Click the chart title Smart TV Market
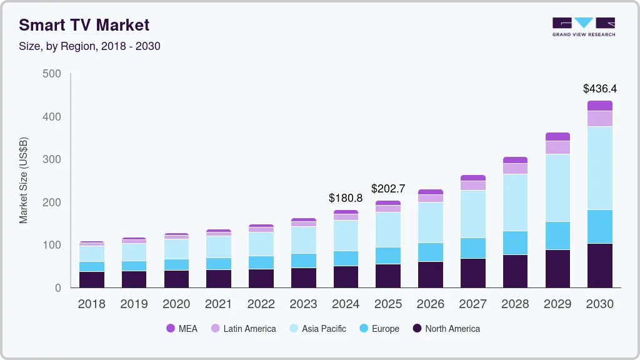pos(84,25)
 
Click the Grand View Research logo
pos(583,27)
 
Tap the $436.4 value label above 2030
pos(599,89)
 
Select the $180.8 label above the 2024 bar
pos(346,198)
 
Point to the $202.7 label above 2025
pos(388,188)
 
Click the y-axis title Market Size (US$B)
pos(24,180)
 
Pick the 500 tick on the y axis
pos(52,74)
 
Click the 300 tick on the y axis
pos(52,159)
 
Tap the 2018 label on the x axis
pos(91,304)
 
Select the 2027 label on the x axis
pos(472,304)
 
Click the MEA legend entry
pos(181,329)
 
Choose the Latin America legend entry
pos(242,329)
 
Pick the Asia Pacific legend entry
pos(317,329)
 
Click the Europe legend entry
pos(378,329)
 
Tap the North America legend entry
pos(446,329)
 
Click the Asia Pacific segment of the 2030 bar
pos(599,167)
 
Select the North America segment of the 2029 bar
pos(557,269)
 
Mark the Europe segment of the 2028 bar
pos(515,242)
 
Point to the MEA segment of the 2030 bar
pos(599,106)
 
